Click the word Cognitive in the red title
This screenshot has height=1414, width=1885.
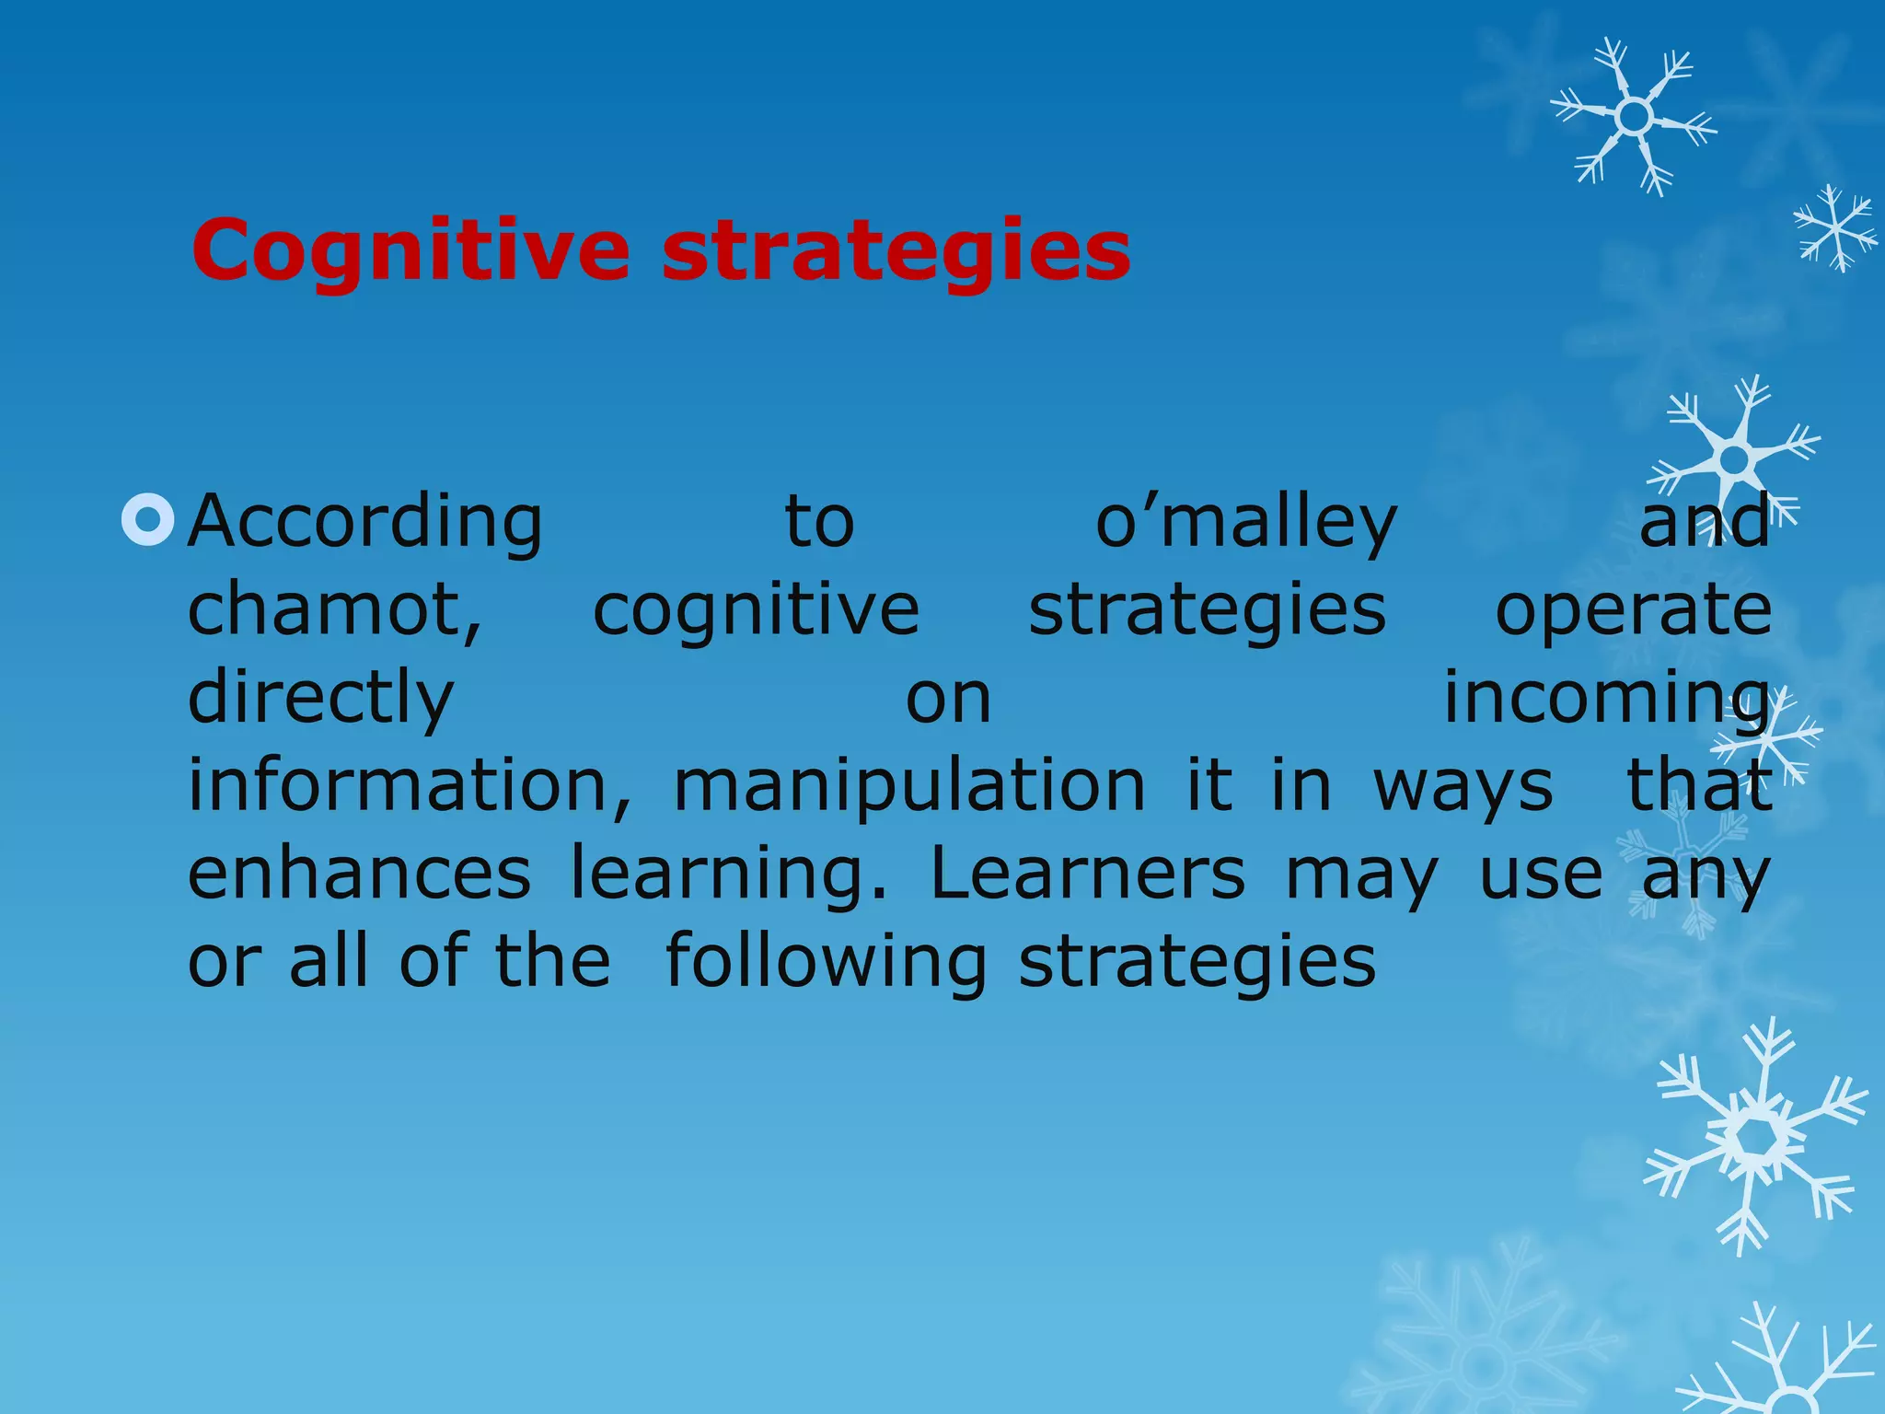[411, 250]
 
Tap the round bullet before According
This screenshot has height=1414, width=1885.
[147, 521]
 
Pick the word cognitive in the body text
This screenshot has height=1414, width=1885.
[756, 610]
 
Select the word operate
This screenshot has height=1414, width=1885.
[1633, 610]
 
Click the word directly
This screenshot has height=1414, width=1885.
[320, 698]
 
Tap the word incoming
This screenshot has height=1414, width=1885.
[1606, 698]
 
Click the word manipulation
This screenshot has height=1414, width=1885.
[909, 784]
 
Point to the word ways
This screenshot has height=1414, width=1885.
[1463, 784]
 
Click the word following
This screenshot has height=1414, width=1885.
[826, 960]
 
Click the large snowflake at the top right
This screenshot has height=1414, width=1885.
[1634, 117]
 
